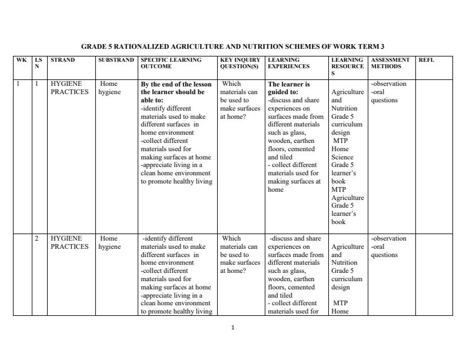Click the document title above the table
(232, 46)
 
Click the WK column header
(21, 60)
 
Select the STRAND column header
(63, 60)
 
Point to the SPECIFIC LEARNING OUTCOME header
(171, 63)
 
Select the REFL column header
(426, 60)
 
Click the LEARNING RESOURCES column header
(347, 66)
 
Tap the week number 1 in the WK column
(18, 84)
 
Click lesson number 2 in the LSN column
(37, 239)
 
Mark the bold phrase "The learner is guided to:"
(289, 88)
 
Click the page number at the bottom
(233, 328)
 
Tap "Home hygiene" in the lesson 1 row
(109, 88)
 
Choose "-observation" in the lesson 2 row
(389, 239)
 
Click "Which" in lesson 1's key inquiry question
(232, 84)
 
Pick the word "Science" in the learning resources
(342, 158)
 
